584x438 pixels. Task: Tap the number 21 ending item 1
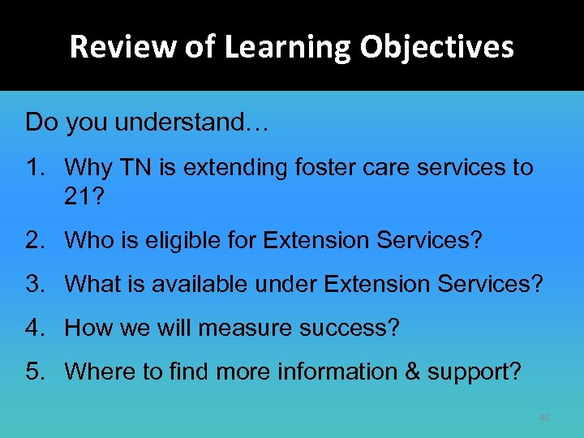tap(79, 195)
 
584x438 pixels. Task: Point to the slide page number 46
tap(543, 418)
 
